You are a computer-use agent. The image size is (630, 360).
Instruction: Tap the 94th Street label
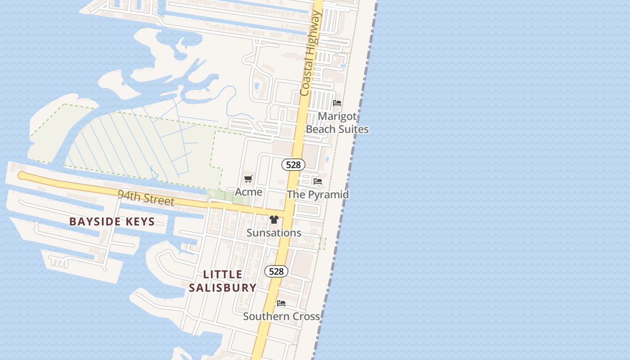coord(145,198)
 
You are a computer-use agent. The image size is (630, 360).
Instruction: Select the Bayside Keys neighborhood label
coord(112,221)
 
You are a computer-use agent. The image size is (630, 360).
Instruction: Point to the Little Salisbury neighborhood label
coord(223,281)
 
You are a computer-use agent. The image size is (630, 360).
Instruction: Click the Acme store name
coord(248,192)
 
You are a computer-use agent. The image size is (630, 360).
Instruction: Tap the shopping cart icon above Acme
coord(248,179)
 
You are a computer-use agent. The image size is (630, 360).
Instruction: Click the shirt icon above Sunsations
coord(274,220)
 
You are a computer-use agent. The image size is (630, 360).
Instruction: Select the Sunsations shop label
coord(274,233)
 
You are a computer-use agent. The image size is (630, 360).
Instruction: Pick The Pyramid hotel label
coord(318,194)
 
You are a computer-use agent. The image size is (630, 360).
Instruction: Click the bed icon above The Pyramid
coord(318,181)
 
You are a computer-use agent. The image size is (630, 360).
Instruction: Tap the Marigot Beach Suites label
coord(337,123)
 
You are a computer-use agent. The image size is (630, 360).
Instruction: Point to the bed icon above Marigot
coord(337,103)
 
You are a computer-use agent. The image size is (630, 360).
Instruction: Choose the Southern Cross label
coord(281,316)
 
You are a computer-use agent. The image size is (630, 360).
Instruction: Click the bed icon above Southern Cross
coord(281,303)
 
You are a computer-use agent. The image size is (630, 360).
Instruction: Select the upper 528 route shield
coord(293,165)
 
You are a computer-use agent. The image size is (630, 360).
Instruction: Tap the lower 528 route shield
coord(276,271)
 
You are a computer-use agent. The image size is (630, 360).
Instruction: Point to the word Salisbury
coord(223,288)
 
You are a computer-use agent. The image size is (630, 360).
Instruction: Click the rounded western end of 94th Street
coord(21,175)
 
